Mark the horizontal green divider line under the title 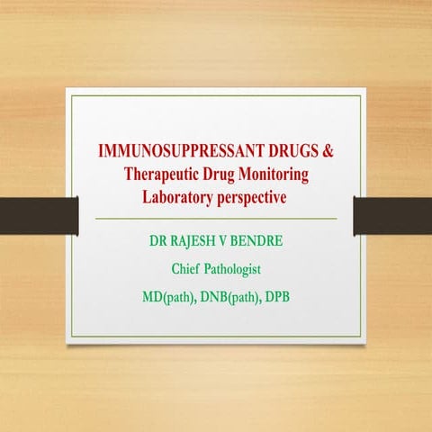coord(215,219)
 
